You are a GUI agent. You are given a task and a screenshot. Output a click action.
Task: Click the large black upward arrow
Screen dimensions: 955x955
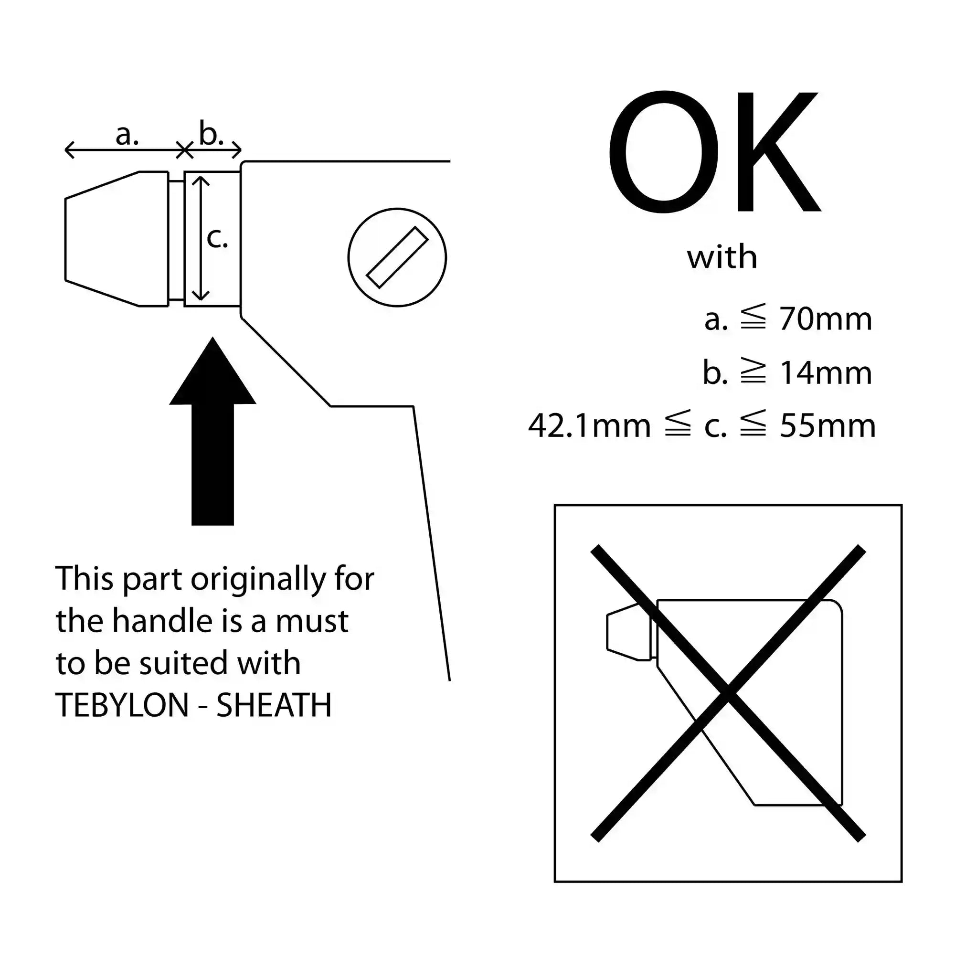tap(212, 431)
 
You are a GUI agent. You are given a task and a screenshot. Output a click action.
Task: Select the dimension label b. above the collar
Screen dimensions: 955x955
tap(211, 132)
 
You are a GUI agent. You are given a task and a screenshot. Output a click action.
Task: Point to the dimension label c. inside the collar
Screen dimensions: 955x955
tap(217, 238)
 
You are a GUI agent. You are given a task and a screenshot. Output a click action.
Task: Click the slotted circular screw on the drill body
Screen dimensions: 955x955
tap(397, 257)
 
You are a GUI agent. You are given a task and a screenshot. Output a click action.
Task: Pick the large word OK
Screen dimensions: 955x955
tap(714, 152)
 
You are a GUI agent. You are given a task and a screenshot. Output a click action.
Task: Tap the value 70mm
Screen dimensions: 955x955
tap(826, 319)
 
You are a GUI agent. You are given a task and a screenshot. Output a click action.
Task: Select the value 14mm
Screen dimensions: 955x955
tap(826, 373)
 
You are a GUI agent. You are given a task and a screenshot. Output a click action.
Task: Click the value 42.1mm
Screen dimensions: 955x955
tap(590, 425)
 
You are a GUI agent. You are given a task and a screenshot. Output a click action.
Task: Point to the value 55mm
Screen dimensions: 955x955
tap(828, 425)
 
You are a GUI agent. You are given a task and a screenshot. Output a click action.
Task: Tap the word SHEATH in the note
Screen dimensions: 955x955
tap(274, 705)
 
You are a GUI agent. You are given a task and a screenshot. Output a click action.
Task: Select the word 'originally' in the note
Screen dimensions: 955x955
tap(258, 579)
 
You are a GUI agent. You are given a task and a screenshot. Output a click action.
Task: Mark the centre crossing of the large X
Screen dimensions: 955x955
tap(728, 693)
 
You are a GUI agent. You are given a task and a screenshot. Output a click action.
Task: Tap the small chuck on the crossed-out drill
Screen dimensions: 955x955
tap(628, 632)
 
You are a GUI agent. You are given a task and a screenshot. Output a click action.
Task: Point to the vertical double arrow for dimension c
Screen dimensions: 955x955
tap(200, 238)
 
